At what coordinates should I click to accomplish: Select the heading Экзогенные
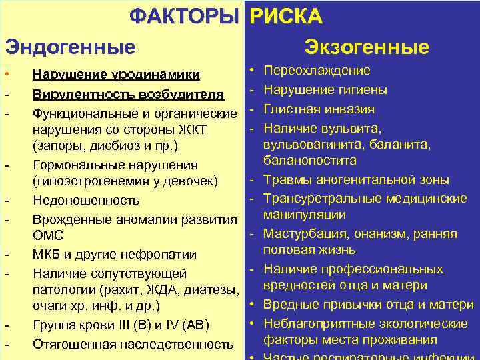[367, 47]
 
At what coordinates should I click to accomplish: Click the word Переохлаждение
[317, 71]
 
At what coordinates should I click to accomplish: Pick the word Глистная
[291, 109]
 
